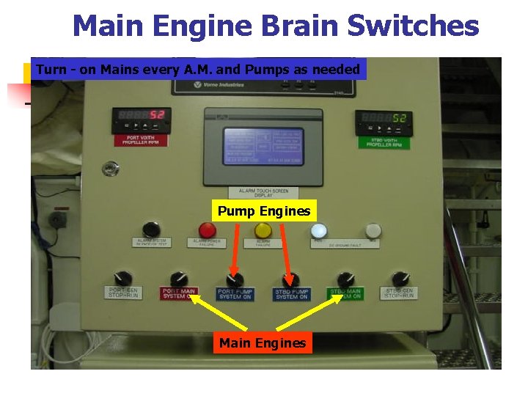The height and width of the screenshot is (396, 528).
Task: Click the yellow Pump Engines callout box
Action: pyautogui.click(x=264, y=211)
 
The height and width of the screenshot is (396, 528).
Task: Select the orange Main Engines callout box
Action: pyautogui.click(x=263, y=342)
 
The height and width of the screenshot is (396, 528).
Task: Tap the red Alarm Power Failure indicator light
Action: pyautogui.click(x=208, y=230)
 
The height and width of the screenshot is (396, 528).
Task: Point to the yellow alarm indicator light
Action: pyautogui.click(x=263, y=231)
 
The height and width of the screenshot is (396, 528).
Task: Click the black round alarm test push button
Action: pyautogui.click(x=151, y=229)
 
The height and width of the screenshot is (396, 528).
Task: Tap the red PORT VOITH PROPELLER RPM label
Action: pyautogui.click(x=141, y=140)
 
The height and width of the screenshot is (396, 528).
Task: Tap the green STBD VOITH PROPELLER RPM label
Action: pyautogui.click(x=383, y=142)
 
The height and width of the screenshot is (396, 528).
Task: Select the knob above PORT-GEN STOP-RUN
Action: pyautogui.click(x=122, y=279)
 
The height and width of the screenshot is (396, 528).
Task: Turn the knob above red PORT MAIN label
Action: pyautogui.click(x=178, y=279)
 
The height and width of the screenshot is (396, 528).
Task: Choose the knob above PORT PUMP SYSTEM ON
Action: pyautogui.click(x=235, y=279)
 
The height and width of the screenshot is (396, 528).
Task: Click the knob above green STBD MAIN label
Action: pyautogui.click(x=345, y=279)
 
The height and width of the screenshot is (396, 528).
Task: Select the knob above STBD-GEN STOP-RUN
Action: pyautogui.click(x=400, y=279)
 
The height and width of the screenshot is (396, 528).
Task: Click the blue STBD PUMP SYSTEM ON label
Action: pyautogui.click(x=292, y=294)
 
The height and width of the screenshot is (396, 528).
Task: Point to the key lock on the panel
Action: pyautogui.click(x=111, y=169)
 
